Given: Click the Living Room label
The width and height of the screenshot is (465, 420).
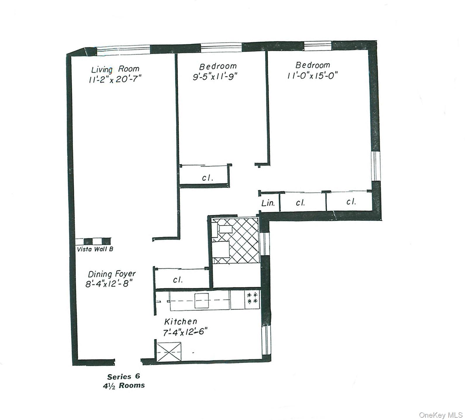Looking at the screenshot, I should click(x=115, y=70).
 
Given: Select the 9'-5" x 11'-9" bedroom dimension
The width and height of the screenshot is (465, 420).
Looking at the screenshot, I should click(x=215, y=77).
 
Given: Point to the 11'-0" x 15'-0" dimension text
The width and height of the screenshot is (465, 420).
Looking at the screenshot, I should click(x=312, y=75).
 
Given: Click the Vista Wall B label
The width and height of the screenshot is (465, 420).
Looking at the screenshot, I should click(x=95, y=249).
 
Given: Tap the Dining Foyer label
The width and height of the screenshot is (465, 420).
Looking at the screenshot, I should click(x=112, y=274).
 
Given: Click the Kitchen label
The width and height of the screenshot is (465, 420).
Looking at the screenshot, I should click(x=181, y=322).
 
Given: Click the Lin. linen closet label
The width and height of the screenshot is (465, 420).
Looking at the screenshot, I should click(x=268, y=203).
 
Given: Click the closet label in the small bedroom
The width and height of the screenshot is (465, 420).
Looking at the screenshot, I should click(x=208, y=178).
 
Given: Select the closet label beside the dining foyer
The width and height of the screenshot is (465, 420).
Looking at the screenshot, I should click(x=178, y=280).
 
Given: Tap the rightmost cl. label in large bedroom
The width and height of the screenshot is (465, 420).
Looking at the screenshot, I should click(x=351, y=202).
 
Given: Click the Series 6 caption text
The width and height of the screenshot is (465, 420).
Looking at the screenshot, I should click(x=123, y=376).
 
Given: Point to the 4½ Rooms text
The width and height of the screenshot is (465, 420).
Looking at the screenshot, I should click(x=123, y=385).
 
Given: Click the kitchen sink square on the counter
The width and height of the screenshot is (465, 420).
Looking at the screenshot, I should click(x=202, y=301).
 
